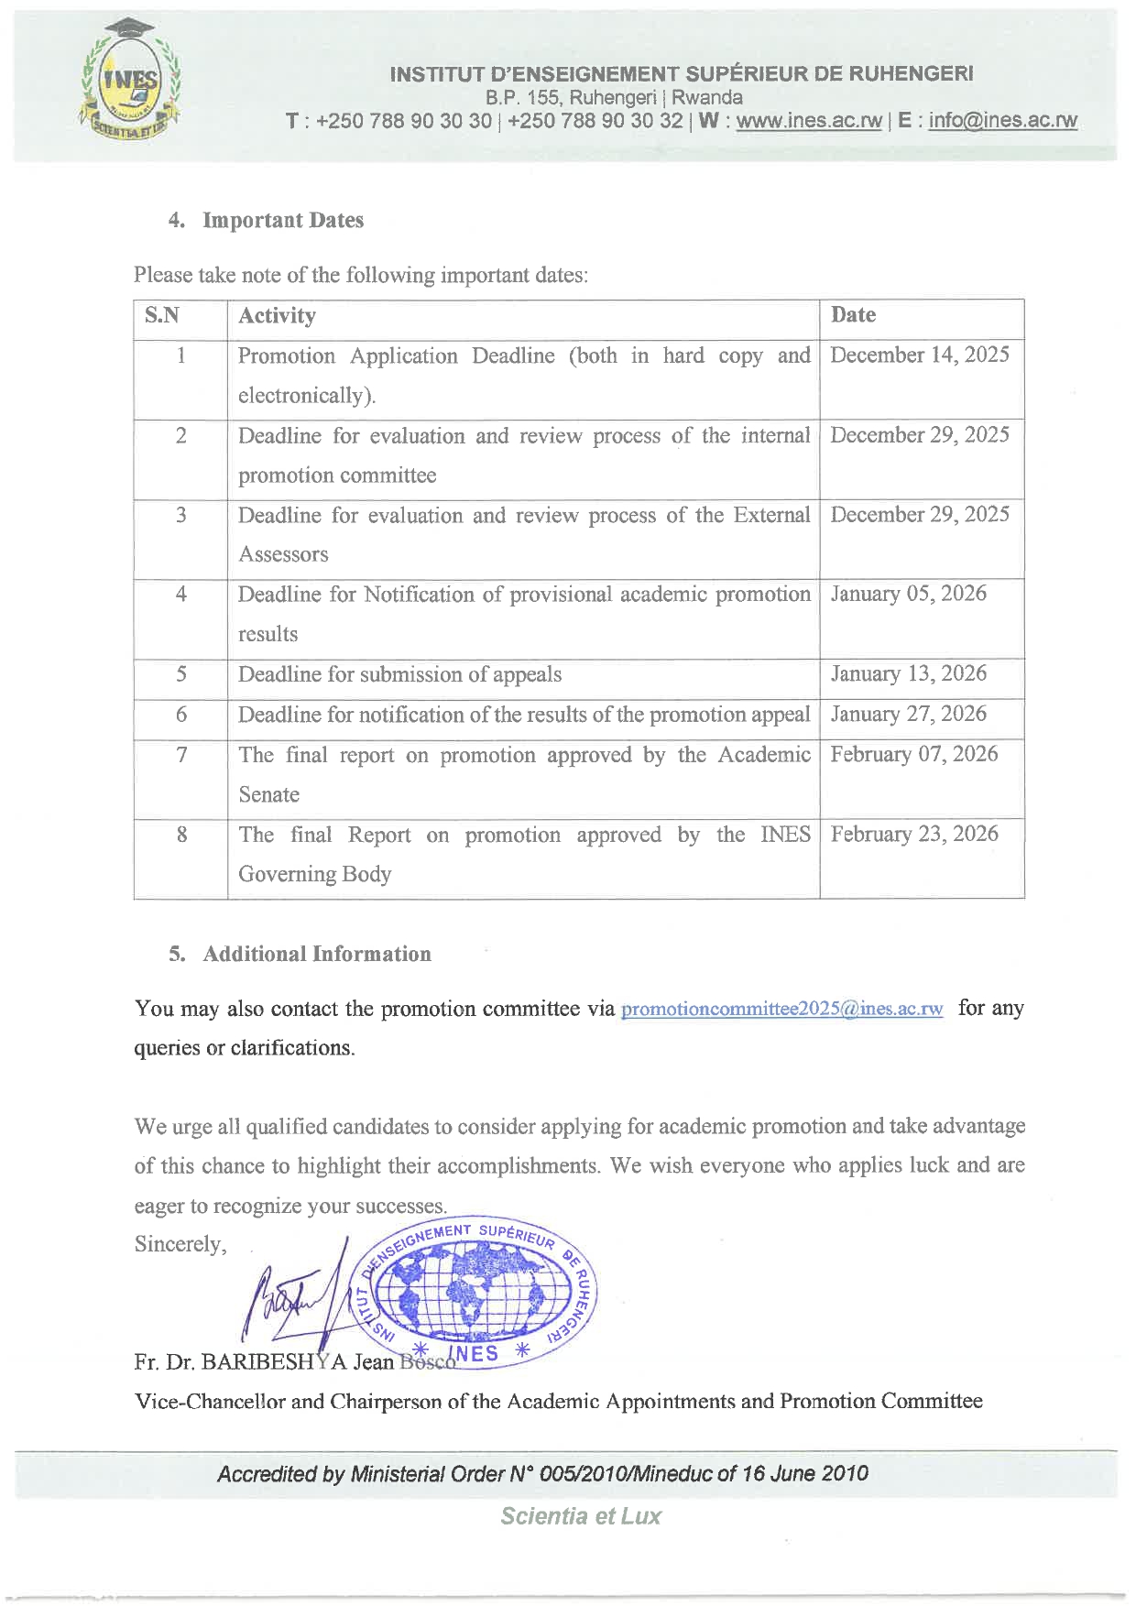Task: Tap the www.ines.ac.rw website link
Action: (809, 121)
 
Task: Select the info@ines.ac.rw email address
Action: (1002, 121)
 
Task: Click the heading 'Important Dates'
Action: (282, 221)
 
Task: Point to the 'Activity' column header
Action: (277, 316)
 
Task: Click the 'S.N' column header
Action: (162, 316)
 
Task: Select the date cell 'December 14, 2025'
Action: (919, 355)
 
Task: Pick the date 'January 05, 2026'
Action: (908, 594)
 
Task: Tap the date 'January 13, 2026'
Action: (908, 674)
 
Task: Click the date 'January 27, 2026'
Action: (908, 715)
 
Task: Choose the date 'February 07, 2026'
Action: (913, 754)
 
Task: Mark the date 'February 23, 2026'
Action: (913, 834)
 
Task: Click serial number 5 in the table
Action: (181, 675)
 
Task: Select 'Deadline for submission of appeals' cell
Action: (399, 675)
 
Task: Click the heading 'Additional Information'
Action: (316, 955)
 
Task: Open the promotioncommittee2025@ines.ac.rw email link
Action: (781, 1010)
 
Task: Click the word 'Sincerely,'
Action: (180, 1244)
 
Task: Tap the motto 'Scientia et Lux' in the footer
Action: (581, 1516)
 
